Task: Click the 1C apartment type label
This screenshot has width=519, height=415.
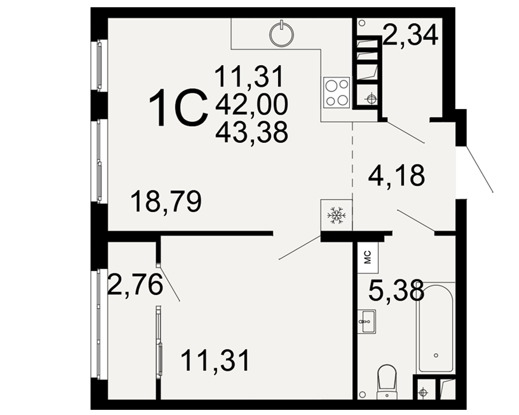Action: (179, 107)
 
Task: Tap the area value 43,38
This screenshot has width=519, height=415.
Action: (252, 132)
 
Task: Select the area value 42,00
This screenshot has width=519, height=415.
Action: (252, 104)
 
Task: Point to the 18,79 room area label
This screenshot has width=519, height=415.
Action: (166, 202)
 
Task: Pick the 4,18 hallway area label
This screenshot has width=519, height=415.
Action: (396, 175)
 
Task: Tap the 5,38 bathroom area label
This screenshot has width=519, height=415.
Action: (396, 289)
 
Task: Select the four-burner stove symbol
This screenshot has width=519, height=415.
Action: (337, 92)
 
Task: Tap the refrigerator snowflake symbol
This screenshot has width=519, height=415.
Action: (336, 216)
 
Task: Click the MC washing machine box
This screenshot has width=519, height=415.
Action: (368, 257)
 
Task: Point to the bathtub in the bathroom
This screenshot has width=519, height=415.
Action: (435, 328)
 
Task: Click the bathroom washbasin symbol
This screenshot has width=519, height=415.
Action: (366, 321)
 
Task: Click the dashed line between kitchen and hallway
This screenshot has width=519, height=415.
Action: (352, 176)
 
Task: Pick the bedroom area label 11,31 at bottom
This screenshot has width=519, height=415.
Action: (215, 361)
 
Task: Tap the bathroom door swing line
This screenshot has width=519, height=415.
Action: (415, 220)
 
